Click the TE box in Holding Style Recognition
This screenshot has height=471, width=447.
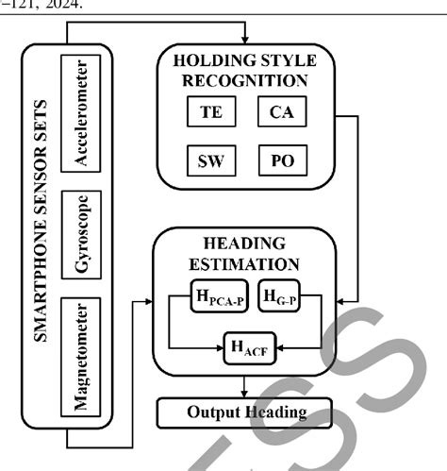coord(209,113)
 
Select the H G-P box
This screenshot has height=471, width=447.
coord(277,302)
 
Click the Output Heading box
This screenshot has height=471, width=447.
coord(246,412)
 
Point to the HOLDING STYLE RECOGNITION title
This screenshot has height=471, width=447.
coord(245,70)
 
